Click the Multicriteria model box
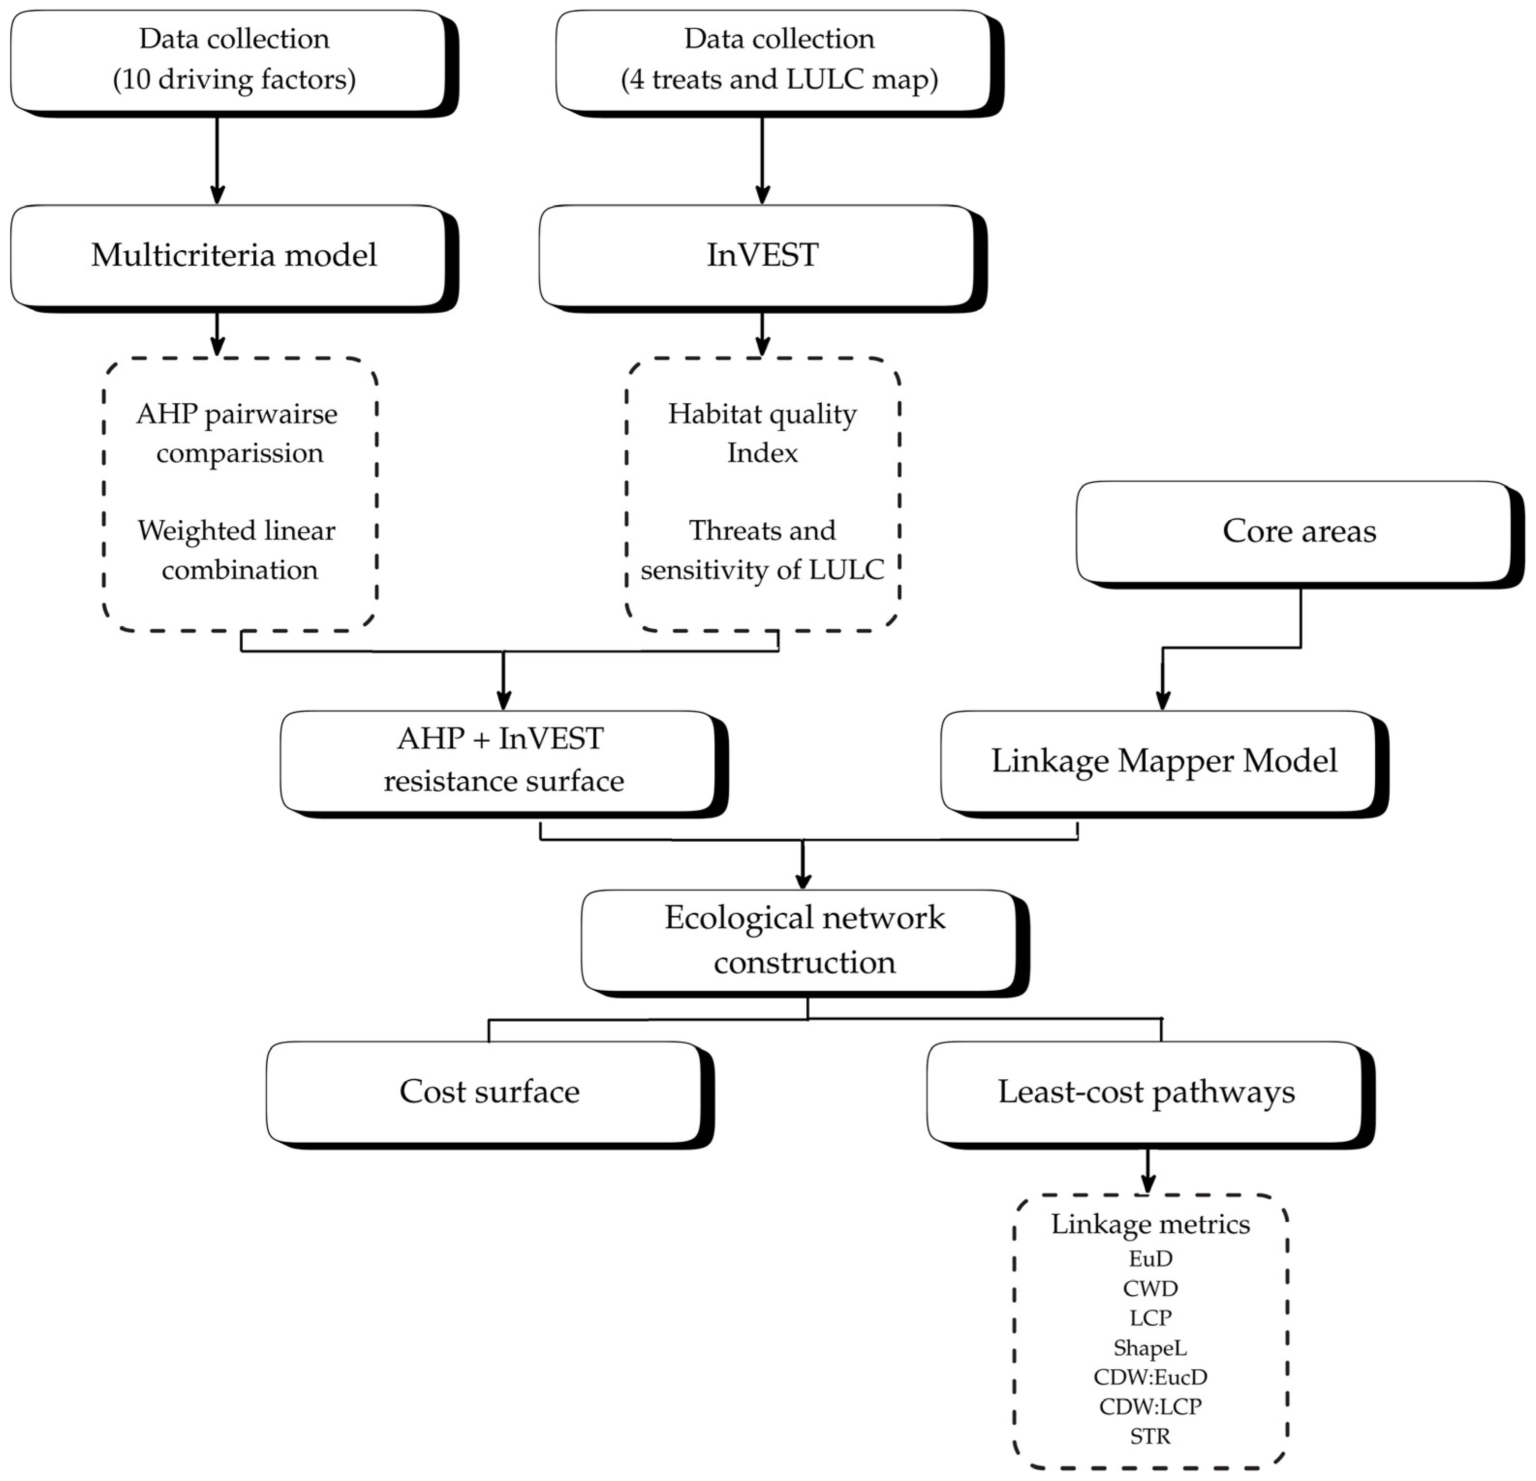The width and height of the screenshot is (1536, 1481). point(233,258)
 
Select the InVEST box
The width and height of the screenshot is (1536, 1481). point(763,258)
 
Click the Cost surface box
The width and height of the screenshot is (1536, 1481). point(490,1095)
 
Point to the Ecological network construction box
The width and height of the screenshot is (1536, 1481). point(805,943)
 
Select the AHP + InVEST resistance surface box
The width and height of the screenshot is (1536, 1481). point(504,764)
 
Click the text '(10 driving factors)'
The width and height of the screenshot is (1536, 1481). point(234,79)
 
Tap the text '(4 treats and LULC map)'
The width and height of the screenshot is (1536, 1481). point(780,79)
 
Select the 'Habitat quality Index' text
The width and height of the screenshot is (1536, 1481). point(763,433)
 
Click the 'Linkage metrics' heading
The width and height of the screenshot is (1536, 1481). point(1151,1224)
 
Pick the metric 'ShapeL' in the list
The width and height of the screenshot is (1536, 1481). point(1151,1348)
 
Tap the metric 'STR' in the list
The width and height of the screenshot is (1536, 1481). point(1151,1436)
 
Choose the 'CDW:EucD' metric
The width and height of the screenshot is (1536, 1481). point(1151,1377)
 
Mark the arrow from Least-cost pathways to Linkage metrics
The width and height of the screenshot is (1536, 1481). point(1148,1172)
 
